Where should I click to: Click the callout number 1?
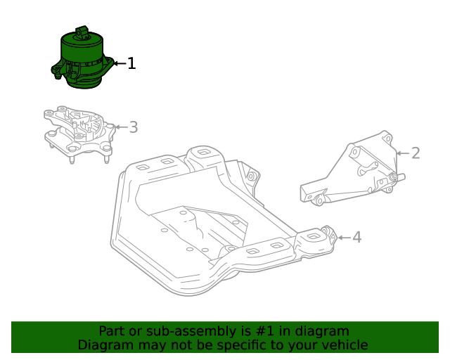pyautogui.click(x=131, y=64)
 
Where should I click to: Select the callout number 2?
pyautogui.click(x=416, y=153)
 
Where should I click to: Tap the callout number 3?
pyautogui.click(x=133, y=127)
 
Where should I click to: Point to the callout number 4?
pyautogui.click(x=356, y=237)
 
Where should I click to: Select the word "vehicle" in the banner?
pyautogui.click(x=343, y=345)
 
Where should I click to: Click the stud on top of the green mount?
pyautogui.click(x=82, y=32)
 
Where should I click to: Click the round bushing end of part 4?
pyautogui.click(x=326, y=233)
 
